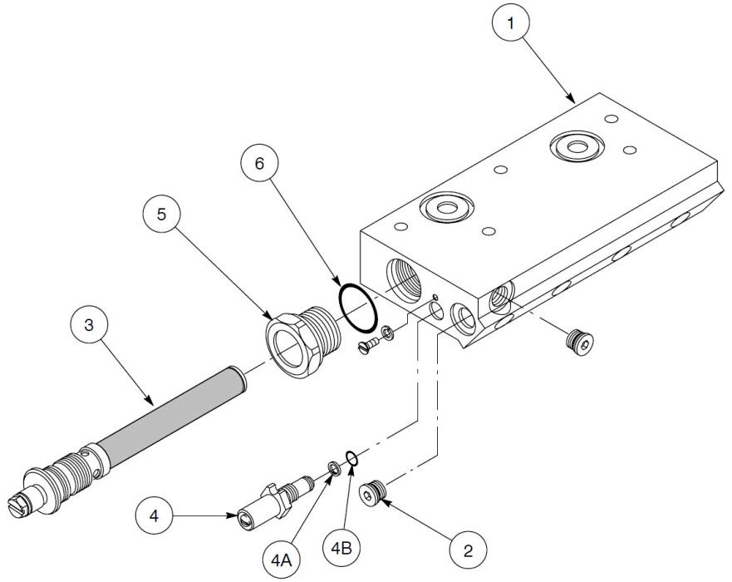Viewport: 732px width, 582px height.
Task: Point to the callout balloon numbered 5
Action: click(x=162, y=214)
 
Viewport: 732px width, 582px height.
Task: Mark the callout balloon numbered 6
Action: click(x=260, y=164)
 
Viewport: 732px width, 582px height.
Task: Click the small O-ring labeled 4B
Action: click(x=351, y=458)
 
